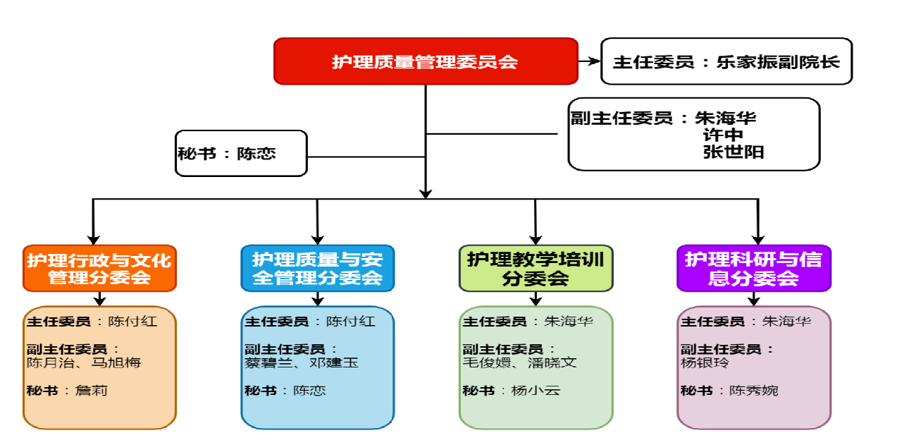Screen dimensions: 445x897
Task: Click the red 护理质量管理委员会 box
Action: [x=426, y=61]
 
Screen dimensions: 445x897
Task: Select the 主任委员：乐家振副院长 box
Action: [x=726, y=61]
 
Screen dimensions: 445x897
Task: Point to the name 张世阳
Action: [x=733, y=152]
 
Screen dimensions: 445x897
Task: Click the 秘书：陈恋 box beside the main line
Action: [x=242, y=153]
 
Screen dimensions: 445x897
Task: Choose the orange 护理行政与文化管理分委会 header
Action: [x=99, y=268]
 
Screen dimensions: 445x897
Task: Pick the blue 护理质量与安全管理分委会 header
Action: [x=317, y=268]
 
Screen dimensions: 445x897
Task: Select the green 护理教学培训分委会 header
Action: [x=536, y=268]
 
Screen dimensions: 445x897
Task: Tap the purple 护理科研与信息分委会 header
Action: [x=753, y=268]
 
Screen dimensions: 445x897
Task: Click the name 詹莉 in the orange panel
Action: [x=92, y=390]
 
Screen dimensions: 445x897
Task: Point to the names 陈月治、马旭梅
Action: [x=82, y=362]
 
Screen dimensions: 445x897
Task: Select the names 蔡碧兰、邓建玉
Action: [x=301, y=362]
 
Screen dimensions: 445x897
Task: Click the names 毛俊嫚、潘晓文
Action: [x=519, y=362]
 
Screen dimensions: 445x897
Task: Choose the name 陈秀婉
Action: [x=753, y=390]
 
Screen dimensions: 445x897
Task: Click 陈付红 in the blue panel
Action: [x=350, y=322]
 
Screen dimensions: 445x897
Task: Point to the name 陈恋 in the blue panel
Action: [x=310, y=390]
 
